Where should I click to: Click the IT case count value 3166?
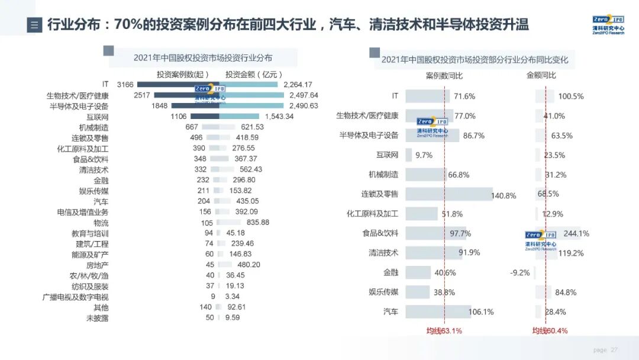coord(125,85)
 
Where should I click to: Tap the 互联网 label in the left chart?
coord(97,117)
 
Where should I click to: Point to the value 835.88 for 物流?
coord(258,223)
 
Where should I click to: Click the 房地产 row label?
coord(97,265)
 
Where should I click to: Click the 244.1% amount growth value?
coord(576,234)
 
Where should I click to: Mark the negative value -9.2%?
coord(520,273)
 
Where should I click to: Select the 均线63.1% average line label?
coord(444,330)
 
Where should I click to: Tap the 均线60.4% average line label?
coord(550,330)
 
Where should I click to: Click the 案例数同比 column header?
coord(444,76)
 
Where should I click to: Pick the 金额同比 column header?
coord(541,76)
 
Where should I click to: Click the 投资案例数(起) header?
coord(183,74)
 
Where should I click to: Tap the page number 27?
coord(614,350)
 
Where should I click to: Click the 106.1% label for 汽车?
coord(480,312)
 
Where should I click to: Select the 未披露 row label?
coord(97,318)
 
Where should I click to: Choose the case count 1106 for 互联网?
coord(179,117)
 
